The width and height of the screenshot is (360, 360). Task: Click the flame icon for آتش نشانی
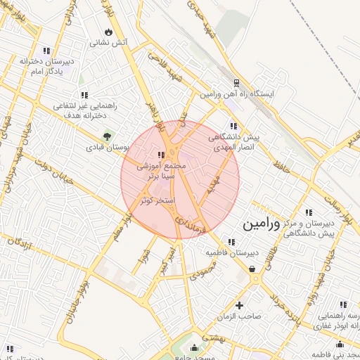point(108,32)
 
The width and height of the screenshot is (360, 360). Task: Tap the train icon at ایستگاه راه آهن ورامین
point(237,82)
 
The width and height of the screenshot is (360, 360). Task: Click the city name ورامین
point(261,224)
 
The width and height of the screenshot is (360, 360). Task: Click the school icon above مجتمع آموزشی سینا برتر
point(162,155)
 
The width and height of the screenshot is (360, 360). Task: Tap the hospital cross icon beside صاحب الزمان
point(240,305)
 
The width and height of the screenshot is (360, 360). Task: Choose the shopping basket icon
point(252,269)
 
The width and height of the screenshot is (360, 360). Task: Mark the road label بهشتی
point(211,337)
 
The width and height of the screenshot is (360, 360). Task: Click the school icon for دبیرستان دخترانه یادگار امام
point(46,51)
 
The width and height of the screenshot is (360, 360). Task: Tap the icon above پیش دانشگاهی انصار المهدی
point(234,127)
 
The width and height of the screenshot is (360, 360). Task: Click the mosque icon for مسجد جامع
point(195,347)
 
